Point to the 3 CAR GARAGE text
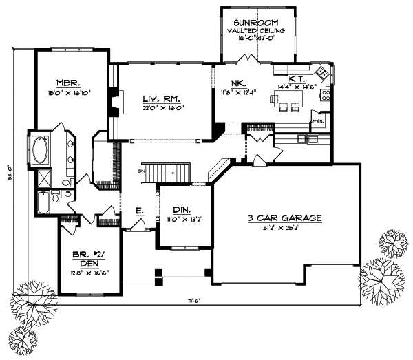(285, 218)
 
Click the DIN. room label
(182, 211)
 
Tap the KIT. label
(297, 79)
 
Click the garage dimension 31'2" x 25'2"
(286, 228)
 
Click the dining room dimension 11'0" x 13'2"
(182, 220)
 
